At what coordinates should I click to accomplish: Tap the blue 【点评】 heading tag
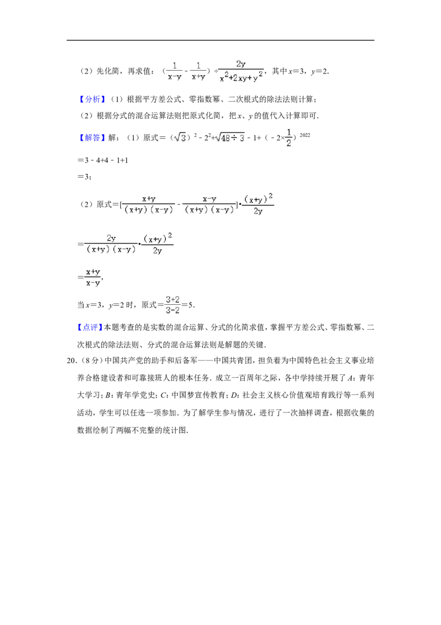point(90,327)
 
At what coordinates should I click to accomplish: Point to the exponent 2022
point(305,135)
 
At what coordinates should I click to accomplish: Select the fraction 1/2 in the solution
point(288,137)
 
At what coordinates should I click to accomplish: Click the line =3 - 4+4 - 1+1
point(103,160)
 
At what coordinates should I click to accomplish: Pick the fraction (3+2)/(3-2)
point(173,305)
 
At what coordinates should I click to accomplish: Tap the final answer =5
point(188,305)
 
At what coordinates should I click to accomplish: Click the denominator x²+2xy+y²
point(241,77)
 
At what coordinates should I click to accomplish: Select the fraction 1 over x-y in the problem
point(174,71)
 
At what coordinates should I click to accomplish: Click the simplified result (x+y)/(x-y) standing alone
point(93,277)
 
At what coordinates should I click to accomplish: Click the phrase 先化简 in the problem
point(108,71)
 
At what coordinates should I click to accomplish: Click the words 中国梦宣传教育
point(198,395)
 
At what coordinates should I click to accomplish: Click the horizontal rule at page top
point(220,40)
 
